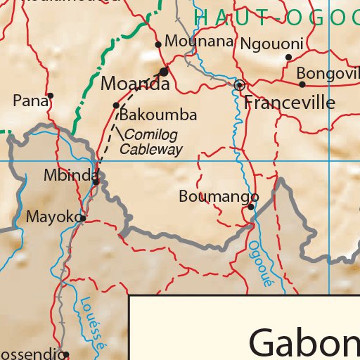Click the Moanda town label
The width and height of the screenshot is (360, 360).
click(135, 84)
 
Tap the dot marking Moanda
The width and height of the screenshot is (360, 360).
click(164, 72)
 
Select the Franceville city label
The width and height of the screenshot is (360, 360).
click(289, 103)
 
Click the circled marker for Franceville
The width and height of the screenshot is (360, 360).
click(240, 85)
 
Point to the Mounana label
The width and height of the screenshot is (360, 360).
click(198, 41)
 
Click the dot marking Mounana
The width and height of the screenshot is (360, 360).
click(158, 44)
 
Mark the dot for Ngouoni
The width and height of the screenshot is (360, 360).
click(288, 58)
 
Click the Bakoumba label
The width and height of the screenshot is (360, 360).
click(158, 115)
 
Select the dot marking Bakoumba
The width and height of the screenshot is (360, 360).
click(117, 105)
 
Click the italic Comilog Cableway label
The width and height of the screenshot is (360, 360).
click(150, 142)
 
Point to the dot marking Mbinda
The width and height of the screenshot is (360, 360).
click(96, 181)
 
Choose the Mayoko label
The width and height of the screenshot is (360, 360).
click(53, 217)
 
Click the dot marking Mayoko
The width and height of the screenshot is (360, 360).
click(83, 218)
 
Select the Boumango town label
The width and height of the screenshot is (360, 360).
click(219, 196)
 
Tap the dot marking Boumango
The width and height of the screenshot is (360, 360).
click(251, 207)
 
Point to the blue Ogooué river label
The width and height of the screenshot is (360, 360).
click(259, 264)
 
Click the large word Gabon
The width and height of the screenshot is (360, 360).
click(304, 342)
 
